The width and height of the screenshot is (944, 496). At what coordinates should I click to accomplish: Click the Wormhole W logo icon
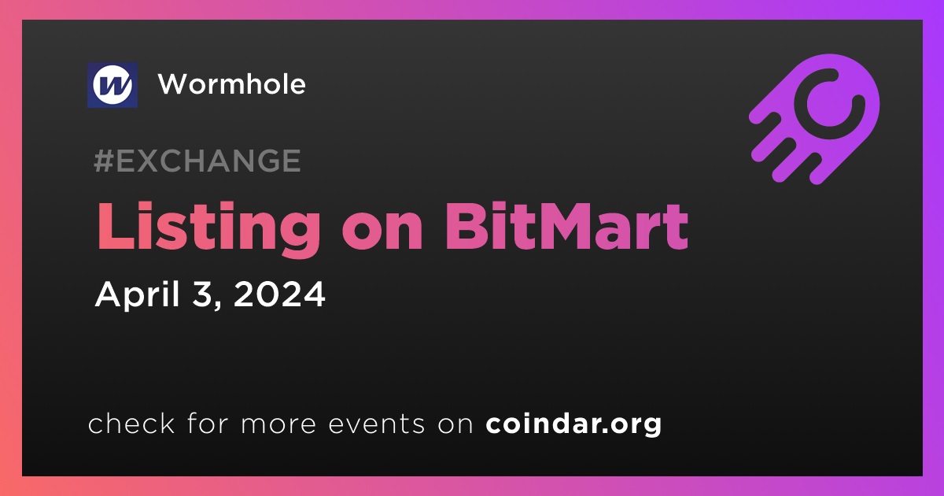[112, 85]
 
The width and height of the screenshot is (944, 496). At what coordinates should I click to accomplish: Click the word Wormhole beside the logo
[232, 84]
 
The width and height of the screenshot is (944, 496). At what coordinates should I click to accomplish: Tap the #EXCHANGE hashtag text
[197, 161]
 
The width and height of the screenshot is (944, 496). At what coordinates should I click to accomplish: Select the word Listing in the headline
[208, 228]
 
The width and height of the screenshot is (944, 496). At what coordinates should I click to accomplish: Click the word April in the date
[138, 295]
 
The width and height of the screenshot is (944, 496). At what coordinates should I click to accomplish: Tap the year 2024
[279, 294]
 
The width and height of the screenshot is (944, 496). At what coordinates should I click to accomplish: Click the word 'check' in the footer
[131, 424]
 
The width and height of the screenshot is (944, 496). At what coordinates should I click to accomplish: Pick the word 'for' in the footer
[208, 424]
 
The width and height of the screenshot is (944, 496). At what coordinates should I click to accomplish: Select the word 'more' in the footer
[278, 426]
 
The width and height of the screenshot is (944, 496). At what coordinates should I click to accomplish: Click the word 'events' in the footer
[376, 425]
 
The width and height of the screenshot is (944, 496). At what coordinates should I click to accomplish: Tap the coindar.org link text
[573, 424]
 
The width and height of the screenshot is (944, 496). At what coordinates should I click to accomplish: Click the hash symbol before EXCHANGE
[104, 161]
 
